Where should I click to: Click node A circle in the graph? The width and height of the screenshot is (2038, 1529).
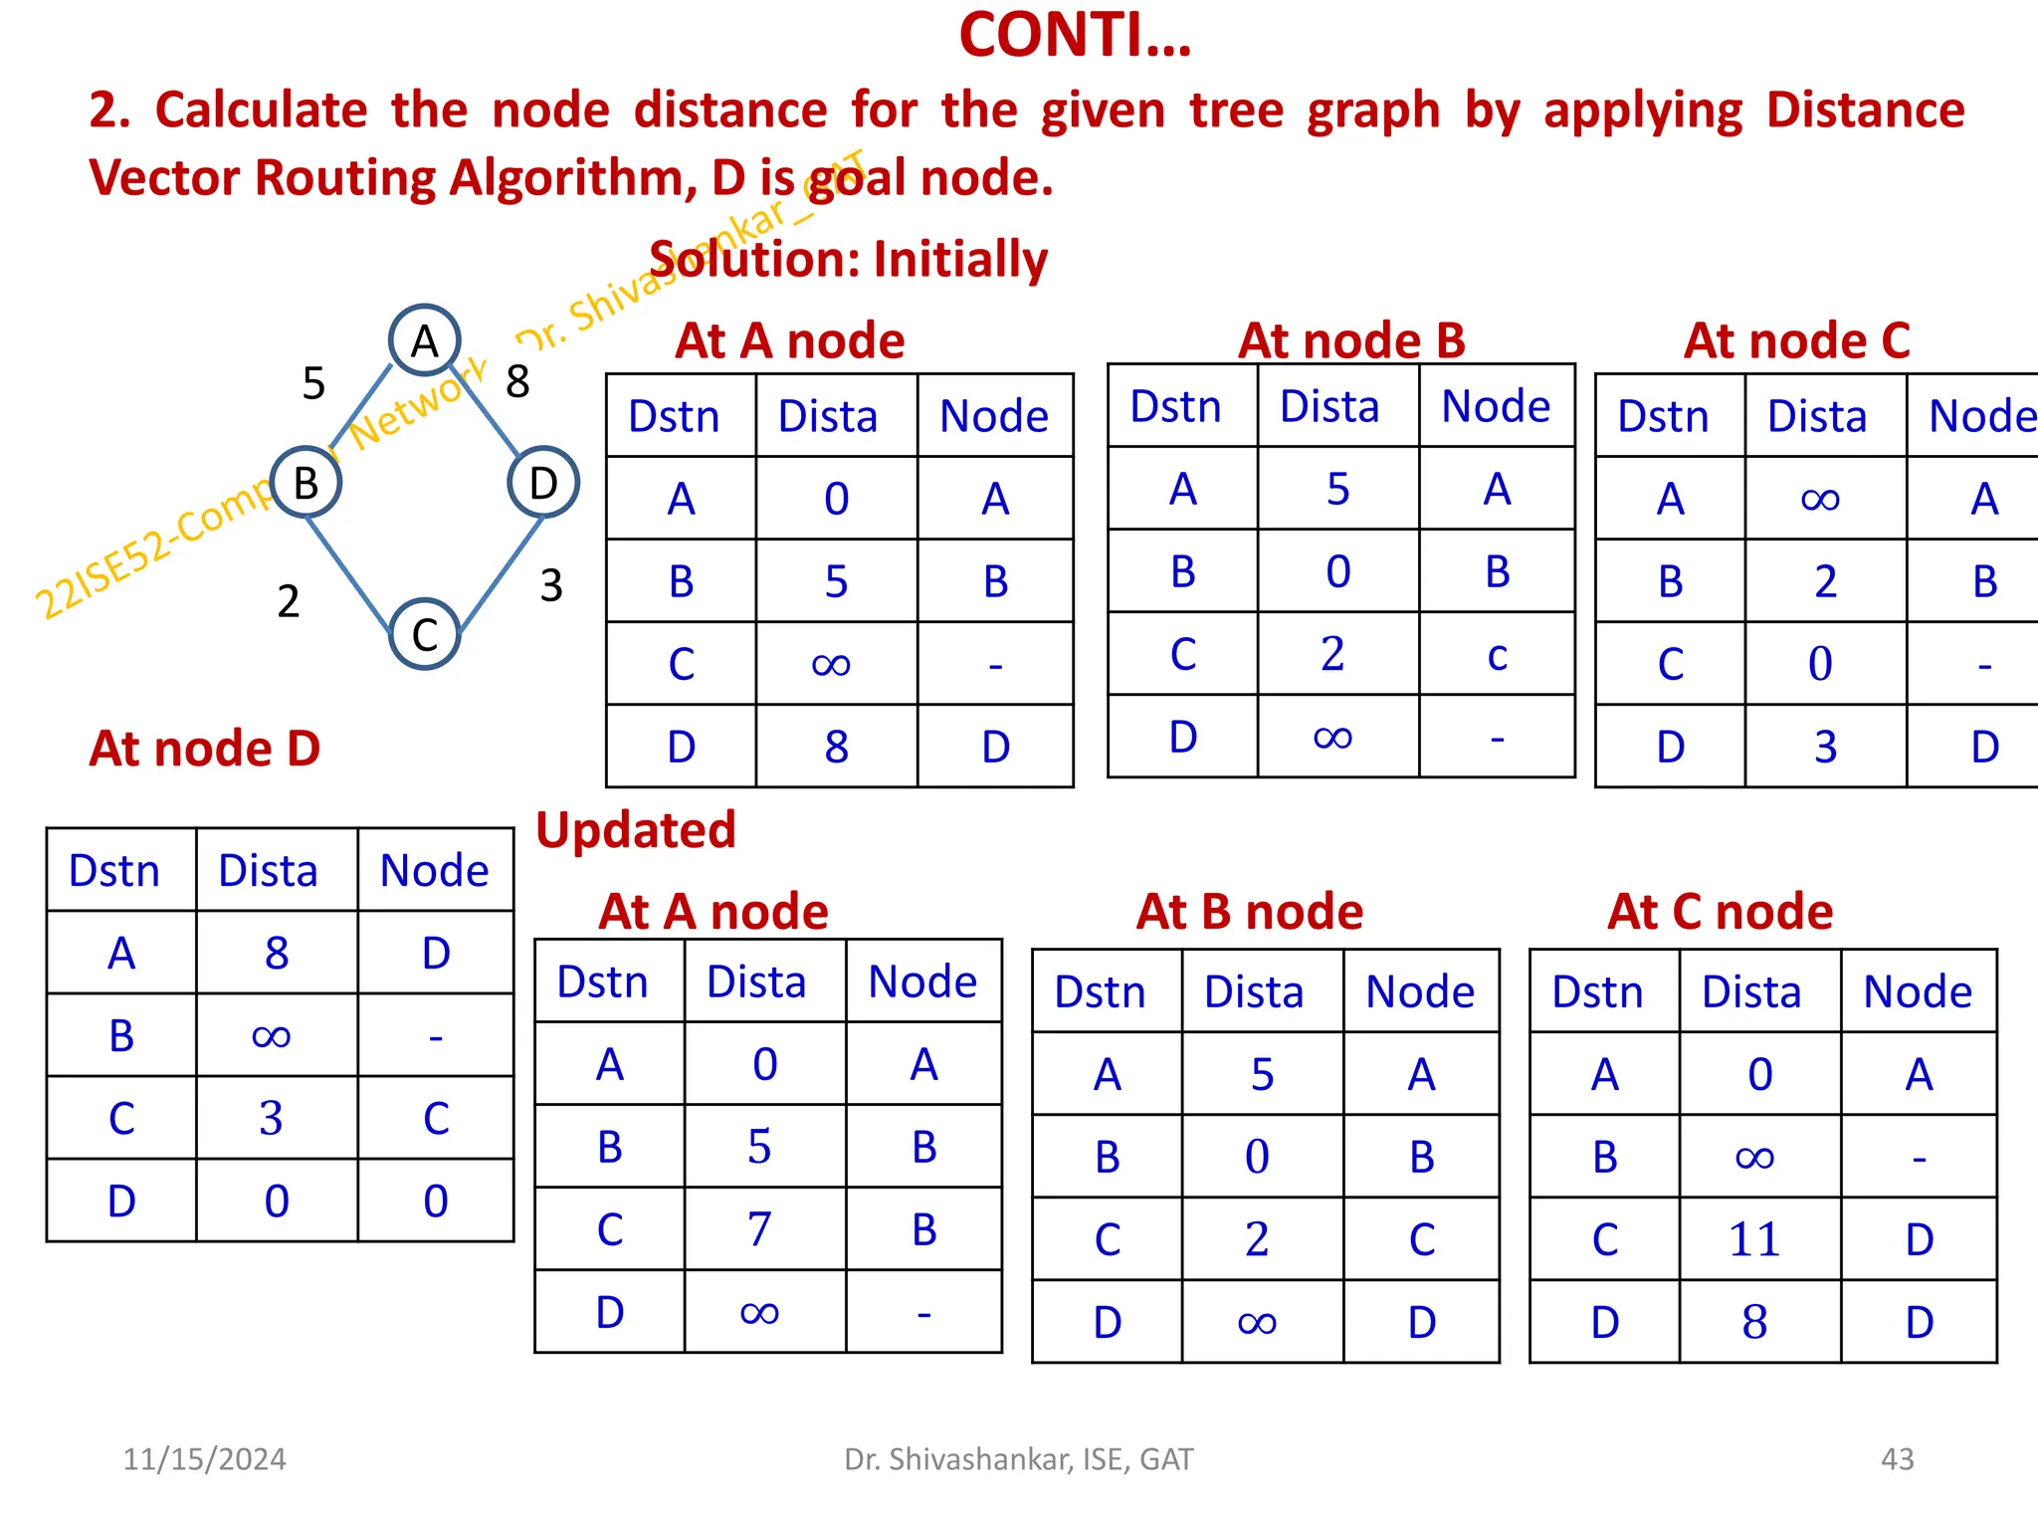[x=424, y=340]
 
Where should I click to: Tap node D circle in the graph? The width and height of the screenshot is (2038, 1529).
[x=542, y=483]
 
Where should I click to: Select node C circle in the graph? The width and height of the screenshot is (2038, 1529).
[x=424, y=634]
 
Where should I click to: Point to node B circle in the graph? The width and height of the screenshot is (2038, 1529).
[x=306, y=483]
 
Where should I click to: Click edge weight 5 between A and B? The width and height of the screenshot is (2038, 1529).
[x=313, y=383]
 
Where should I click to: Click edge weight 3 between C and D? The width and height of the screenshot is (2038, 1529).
[x=551, y=585]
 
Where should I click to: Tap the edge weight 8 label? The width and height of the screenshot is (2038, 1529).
[x=517, y=381]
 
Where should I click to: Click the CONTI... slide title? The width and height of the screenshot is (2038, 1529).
[x=1075, y=36]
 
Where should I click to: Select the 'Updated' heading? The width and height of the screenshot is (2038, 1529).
[x=636, y=830]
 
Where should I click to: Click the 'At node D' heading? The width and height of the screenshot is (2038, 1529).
[x=205, y=749]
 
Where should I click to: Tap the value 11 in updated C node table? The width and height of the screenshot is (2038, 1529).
[x=1754, y=1240]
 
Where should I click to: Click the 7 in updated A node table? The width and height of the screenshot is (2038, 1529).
[x=759, y=1229]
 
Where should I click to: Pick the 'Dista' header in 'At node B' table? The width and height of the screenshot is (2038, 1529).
[x=1329, y=406]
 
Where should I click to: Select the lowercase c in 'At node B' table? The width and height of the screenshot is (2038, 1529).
[x=1497, y=655]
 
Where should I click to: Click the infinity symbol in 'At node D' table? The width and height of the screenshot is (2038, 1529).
[x=271, y=1036]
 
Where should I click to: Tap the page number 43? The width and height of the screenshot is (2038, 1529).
[x=1897, y=1459]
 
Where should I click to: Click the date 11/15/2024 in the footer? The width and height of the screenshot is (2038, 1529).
[x=204, y=1459]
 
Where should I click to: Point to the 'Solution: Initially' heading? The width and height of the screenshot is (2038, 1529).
[x=849, y=260]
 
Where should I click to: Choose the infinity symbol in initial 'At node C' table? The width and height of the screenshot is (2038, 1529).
[x=1820, y=499]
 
